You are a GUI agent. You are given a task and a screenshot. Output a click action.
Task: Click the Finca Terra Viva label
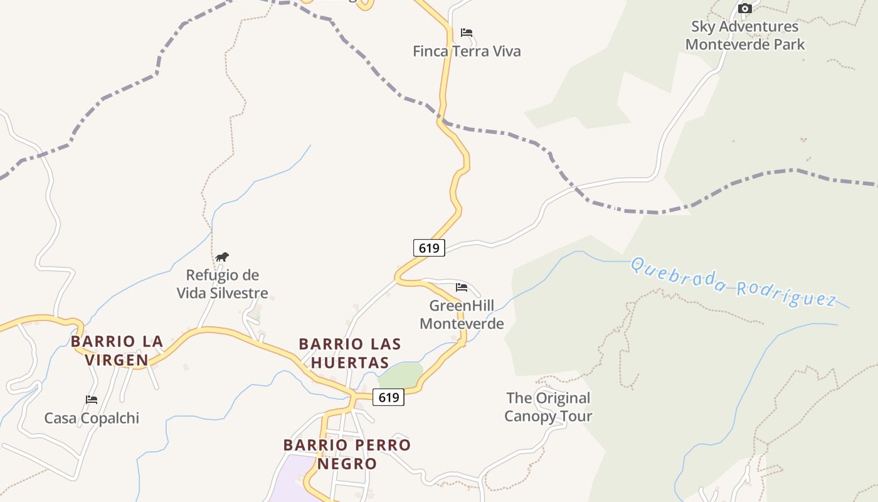[467, 51]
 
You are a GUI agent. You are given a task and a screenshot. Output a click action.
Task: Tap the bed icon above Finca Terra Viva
[466, 32]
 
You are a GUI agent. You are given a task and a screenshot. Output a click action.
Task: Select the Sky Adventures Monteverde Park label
[745, 36]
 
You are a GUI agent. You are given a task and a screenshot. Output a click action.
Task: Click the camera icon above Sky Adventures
[744, 8]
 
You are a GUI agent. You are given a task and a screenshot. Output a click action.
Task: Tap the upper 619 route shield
[429, 248]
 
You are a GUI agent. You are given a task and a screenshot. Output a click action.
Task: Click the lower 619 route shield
[389, 397]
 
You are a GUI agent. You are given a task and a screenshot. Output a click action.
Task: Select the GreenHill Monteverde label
[462, 315]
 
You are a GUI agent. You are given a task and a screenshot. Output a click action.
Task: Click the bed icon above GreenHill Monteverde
[462, 287]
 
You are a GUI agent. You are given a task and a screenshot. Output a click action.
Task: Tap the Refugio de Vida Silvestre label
[222, 284]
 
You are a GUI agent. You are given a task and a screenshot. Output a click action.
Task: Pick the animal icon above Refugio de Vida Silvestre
[222, 257]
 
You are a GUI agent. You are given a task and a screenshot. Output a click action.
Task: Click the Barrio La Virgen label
[117, 351]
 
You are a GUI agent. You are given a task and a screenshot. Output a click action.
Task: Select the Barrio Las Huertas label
[350, 353]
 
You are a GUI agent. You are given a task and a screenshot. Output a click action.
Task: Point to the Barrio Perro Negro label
[347, 454]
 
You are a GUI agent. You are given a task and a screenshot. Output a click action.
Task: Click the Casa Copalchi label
[92, 419]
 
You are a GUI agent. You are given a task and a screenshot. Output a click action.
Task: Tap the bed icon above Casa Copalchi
[92, 399]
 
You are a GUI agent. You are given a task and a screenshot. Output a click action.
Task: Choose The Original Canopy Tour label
[548, 407]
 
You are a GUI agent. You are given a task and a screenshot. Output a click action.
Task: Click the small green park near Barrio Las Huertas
[401, 376]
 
